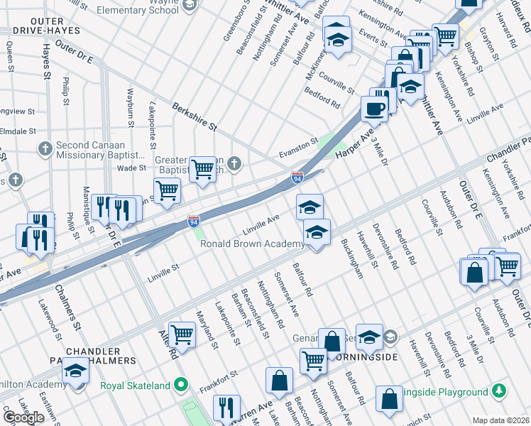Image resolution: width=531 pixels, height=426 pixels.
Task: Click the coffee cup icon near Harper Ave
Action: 374,109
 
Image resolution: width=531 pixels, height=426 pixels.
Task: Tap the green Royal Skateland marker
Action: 182,386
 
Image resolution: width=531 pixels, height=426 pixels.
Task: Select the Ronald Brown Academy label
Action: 252,244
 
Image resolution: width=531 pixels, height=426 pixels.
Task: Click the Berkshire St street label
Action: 194,115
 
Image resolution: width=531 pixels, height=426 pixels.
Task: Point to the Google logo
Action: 23,417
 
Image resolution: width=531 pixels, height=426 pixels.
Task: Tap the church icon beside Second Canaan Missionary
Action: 45,148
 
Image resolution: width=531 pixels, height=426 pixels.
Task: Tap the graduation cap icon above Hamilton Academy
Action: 75,370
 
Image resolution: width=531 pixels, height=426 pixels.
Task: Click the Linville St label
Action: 163,272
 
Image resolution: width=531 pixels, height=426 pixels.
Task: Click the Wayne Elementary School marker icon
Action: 188,5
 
